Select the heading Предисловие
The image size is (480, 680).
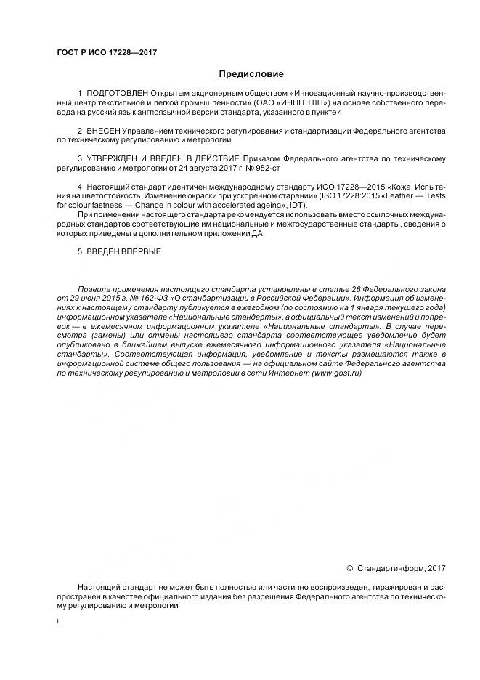251,73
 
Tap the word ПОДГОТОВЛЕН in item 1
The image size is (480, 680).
117,94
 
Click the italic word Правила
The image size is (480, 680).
94,289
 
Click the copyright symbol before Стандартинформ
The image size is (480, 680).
349,567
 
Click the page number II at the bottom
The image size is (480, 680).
59,621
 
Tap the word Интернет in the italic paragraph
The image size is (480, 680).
289,373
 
